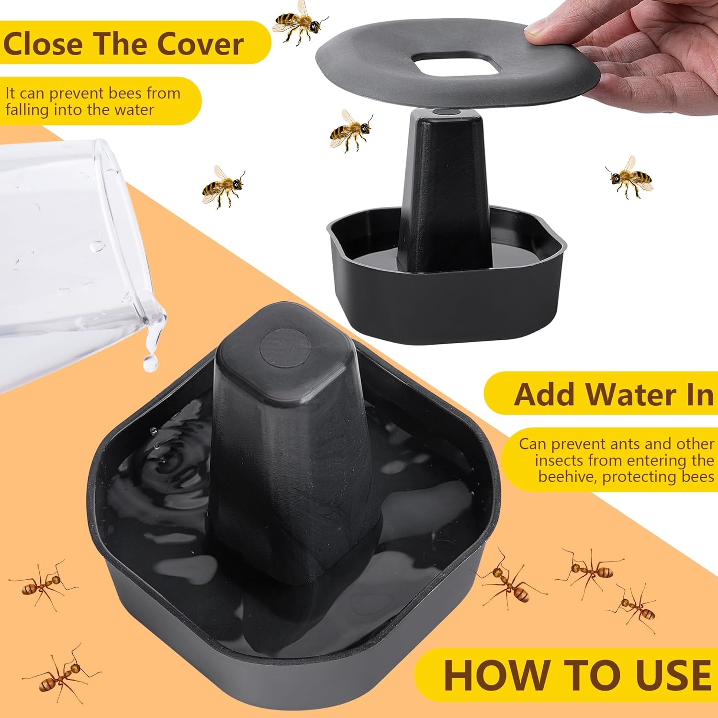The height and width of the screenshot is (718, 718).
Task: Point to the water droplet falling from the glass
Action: (151, 362)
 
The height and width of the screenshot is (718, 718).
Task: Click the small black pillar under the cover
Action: (443, 191)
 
